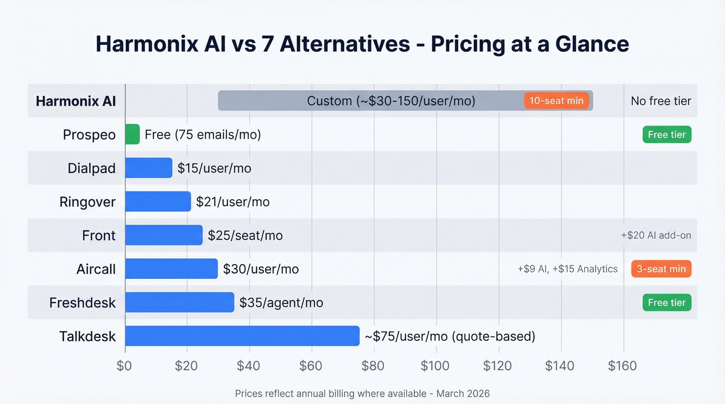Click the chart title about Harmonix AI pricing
362,44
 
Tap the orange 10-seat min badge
556,101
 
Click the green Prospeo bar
133,134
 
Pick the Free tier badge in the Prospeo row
666,134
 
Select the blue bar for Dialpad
149,168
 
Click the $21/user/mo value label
233,202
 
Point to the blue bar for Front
164,235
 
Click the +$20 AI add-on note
656,235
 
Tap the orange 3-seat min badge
661,269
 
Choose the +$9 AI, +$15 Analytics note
567,269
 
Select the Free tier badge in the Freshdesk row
666,303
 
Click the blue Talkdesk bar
242,336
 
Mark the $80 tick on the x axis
373,366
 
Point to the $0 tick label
124,366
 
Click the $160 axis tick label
622,366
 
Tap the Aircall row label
96,269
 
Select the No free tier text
661,101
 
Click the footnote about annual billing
362,394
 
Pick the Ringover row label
88,202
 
